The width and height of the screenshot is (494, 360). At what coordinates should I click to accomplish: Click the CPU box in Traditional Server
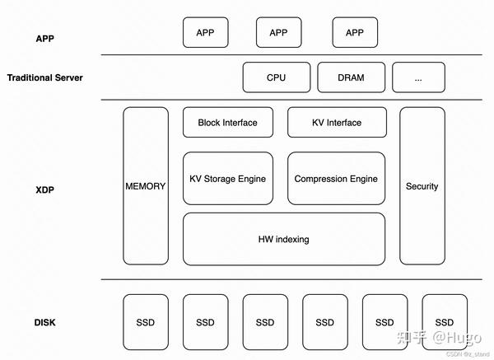[x=277, y=77]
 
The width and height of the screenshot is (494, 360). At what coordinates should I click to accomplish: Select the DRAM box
[x=351, y=77]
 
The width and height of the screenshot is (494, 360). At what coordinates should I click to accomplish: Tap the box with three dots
[x=418, y=77]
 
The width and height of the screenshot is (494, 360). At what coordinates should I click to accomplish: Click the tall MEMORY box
[x=145, y=186]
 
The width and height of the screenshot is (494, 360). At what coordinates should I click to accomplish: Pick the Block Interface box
[x=227, y=123]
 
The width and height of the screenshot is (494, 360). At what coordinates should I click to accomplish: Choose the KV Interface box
[x=336, y=123]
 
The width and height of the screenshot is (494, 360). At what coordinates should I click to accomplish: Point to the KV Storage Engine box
[x=227, y=178]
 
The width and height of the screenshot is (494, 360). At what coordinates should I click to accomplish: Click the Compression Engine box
[x=336, y=178]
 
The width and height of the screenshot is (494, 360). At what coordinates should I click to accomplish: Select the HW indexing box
[x=283, y=239]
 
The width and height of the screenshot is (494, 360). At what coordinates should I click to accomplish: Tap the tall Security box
[x=422, y=186]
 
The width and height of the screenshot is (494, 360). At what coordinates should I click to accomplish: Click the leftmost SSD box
[x=145, y=322]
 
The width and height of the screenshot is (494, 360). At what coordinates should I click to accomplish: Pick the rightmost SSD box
[x=445, y=322]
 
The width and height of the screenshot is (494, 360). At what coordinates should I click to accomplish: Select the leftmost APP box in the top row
[x=205, y=33]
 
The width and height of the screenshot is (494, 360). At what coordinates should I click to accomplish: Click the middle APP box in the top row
[x=279, y=33]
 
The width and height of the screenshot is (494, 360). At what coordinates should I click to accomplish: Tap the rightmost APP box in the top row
[x=354, y=33]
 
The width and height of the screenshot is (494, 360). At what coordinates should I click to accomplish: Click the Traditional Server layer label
[x=45, y=78]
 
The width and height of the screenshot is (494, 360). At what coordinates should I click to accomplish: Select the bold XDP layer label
[x=44, y=189]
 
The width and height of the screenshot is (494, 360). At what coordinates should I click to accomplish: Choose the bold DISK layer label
[x=45, y=323]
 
